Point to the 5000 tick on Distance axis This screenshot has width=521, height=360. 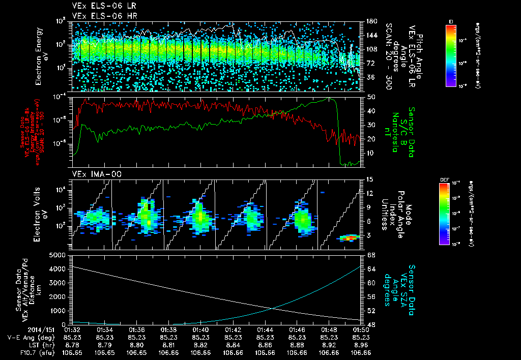[60, 254]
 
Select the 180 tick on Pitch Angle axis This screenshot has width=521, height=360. [370, 21]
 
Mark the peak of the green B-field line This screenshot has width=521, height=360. [330, 98]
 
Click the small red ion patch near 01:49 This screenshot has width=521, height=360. [349, 237]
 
